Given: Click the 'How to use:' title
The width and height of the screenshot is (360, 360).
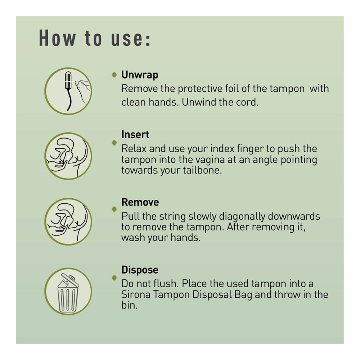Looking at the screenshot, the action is click(95, 38).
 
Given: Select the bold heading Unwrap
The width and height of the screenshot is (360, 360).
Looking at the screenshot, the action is click(140, 75).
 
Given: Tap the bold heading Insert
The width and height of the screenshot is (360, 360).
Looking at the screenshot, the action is click(135, 135).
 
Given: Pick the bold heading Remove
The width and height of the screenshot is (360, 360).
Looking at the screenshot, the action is click(140, 202).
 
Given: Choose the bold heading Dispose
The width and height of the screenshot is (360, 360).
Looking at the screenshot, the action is click(140, 270).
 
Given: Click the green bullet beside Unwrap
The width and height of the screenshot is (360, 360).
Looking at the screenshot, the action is click(114, 75).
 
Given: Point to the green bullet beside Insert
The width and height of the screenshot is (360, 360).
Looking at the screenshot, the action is click(114, 143).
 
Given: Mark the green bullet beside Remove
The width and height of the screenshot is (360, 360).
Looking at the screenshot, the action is click(114, 209).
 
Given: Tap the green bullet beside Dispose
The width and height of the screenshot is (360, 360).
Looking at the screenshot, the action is click(114, 278).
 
